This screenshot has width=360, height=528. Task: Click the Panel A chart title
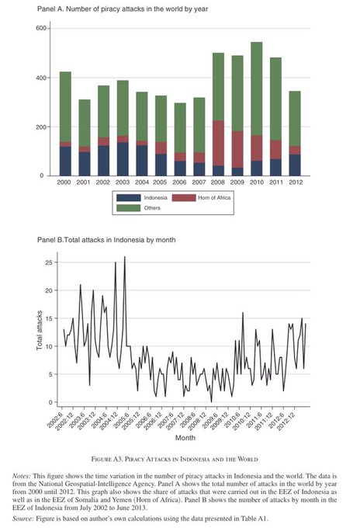click(x=123, y=9)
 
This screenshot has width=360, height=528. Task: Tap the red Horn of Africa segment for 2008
click(x=218, y=143)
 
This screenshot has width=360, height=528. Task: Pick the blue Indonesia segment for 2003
click(x=123, y=159)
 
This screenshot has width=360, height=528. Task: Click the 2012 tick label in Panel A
click(x=296, y=182)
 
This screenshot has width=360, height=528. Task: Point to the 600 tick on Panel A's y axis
click(x=40, y=28)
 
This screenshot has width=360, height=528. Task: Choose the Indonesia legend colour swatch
click(x=129, y=198)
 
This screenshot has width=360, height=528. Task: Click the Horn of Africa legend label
click(x=214, y=198)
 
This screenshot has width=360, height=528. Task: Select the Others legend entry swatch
click(x=129, y=208)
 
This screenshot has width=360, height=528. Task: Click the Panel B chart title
click(x=106, y=240)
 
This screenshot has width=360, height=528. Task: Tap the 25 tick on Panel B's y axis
click(x=49, y=262)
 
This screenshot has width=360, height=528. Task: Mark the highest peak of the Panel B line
click(x=125, y=256)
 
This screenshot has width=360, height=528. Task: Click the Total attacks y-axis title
click(x=40, y=330)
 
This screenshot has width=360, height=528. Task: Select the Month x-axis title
click(x=185, y=438)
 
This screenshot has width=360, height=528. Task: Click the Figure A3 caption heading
click(x=175, y=459)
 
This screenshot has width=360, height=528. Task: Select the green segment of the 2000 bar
click(x=65, y=106)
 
